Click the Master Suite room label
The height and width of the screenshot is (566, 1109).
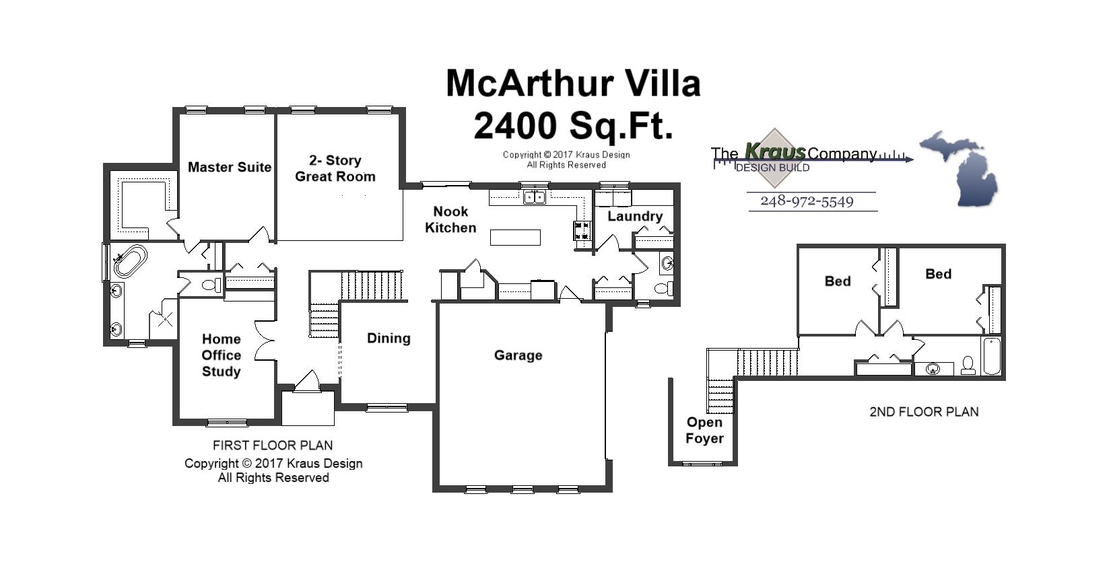pyautogui.click(x=229, y=167)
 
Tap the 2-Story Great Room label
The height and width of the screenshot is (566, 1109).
pyautogui.click(x=335, y=168)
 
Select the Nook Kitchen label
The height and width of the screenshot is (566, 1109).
pyautogui.click(x=450, y=219)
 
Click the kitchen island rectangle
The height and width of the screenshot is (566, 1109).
pyautogui.click(x=515, y=238)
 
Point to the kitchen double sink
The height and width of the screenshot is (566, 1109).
pyautogui.click(x=535, y=197)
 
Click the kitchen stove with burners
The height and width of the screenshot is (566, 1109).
pyautogui.click(x=582, y=231)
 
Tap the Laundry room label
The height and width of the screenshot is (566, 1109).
pyautogui.click(x=634, y=216)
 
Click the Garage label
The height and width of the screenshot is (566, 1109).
pyautogui.click(x=518, y=355)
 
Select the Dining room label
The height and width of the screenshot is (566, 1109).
pyautogui.click(x=389, y=339)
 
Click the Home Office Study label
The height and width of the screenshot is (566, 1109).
pyautogui.click(x=221, y=355)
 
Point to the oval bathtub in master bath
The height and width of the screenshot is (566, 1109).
pyautogui.click(x=131, y=262)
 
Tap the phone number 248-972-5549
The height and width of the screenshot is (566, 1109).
pyautogui.click(x=807, y=201)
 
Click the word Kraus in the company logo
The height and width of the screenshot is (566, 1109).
pyautogui.click(x=774, y=152)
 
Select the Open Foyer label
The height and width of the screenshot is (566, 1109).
pyautogui.click(x=704, y=431)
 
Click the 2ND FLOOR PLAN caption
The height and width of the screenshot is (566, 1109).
pyautogui.click(x=923, y=412)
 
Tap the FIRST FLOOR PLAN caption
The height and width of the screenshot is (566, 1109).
pyautogui.click(x=272, y=446)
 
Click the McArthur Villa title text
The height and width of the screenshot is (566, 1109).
pyautogui.click(x=573, y=83)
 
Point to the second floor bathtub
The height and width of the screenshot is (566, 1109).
pyautogui.click(x=991, y=357)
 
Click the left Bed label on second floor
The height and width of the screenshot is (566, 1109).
pyautogui.click(x=837, y=281)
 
